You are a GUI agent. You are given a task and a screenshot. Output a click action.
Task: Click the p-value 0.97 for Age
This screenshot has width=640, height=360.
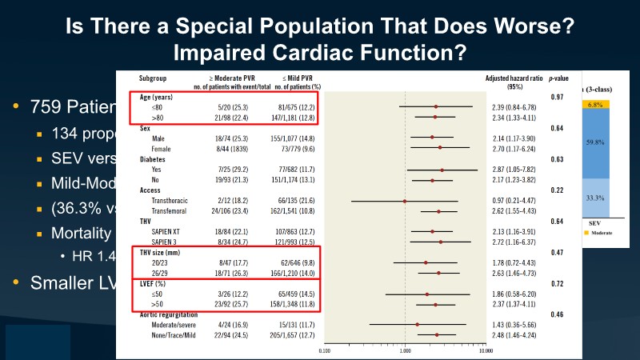tap(557, 97)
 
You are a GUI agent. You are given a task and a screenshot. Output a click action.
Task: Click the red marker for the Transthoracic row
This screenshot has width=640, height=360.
tap(405, 202)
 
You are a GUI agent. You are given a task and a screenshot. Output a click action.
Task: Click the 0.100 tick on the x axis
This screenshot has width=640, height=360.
tap(325, 350)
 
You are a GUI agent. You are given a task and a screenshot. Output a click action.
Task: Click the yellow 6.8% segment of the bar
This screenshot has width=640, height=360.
tap(594, 104)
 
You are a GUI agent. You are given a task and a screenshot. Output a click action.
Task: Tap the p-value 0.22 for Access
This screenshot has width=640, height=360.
tap(557, 190)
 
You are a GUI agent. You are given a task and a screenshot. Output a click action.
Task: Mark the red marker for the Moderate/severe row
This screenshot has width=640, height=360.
tap(417, 326)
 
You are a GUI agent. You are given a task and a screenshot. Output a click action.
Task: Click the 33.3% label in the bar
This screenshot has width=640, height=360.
tap(594, 196)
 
